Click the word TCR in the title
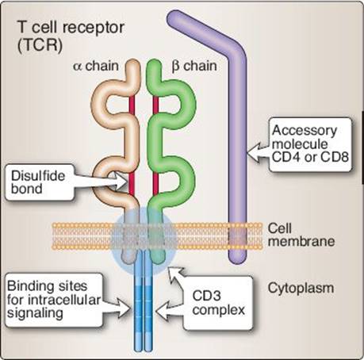coord(40,44)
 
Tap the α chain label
coord(96,66)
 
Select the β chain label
coord(194,66)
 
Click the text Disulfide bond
coord(38,182)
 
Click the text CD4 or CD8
coord(310,157)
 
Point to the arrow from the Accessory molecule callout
coord(259,151)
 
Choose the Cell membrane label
coord(301,235)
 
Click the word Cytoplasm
coord(301,288)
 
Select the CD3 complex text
coord(218,303)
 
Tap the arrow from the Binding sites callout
coord(117,308)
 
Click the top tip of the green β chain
coord(154,63)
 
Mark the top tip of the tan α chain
coord(132,63)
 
